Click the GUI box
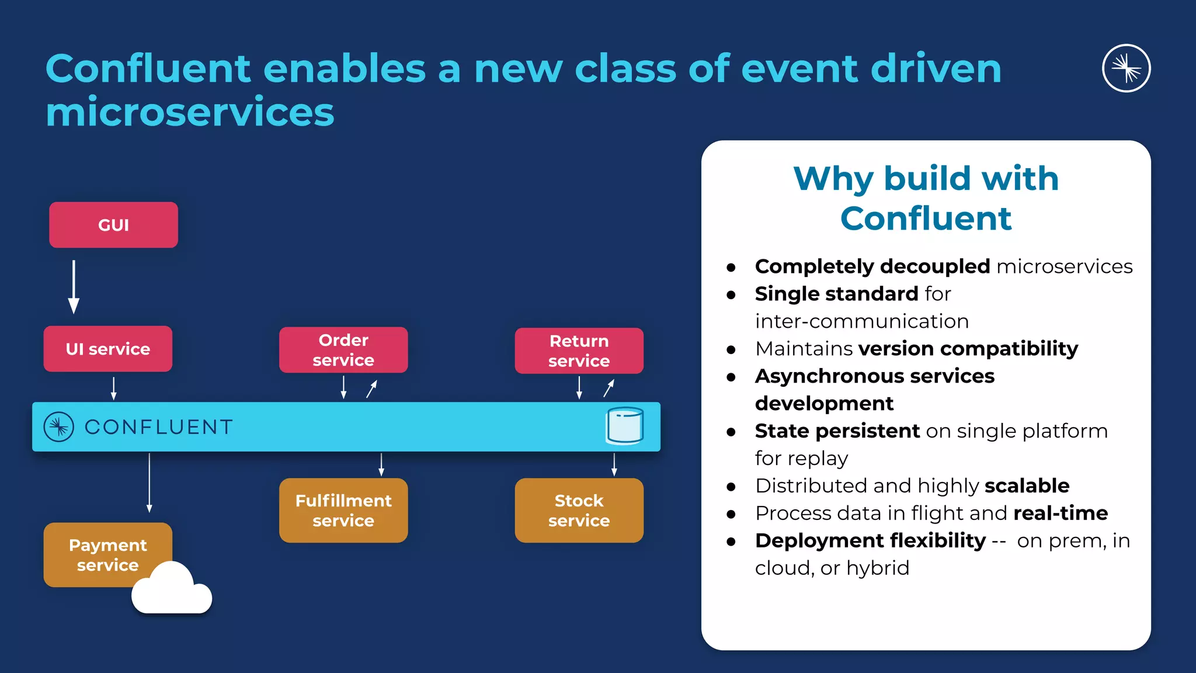click(x=113, y=225)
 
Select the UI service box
click(x=107, y=349)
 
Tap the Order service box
click(x=343, y=350)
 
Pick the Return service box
click(x=579, y=351)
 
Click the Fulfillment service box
click(x=343, y=510)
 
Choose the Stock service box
click(x=579, y=510)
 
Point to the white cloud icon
click(x=172, y=590)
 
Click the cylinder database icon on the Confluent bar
click(x=624, y=426)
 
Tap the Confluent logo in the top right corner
click(x=1126, y=68)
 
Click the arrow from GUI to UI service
click(x=74, y=286)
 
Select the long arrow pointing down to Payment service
click(x=149, y=483)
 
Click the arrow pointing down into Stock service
click(x=614, y=464)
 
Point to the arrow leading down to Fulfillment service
click(x=381, y=464)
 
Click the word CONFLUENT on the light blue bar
click(x=159, y=427)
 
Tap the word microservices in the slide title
click(x=190, y=112)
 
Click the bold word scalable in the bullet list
click(x=1027, y=485)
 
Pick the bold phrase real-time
click(x=1061, y=513)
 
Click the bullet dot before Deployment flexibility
click(x=731, y=542)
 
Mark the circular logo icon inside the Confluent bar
click(x=59, y=427)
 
